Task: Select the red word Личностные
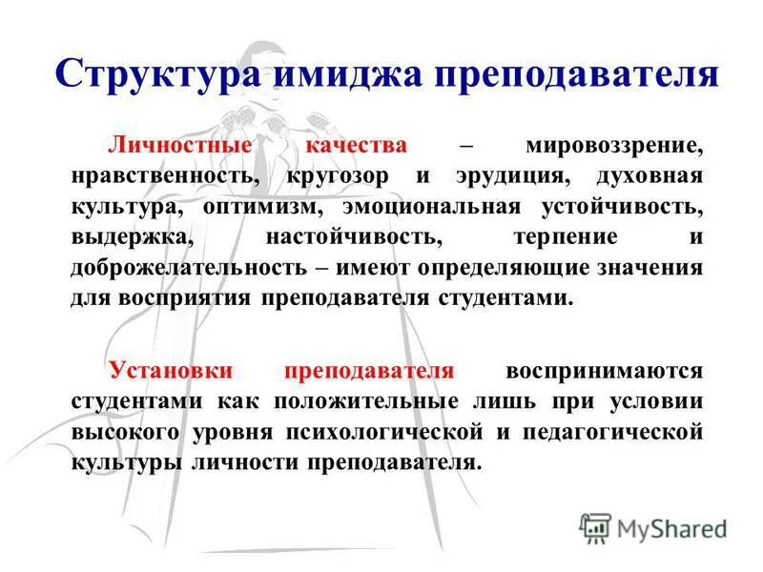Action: pos(183,147)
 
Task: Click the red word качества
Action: pos(357,147)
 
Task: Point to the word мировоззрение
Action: pos(614,147)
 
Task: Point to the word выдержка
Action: pos(120,236)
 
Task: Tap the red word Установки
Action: pos(171,371)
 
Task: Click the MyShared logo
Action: pos(653,527)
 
